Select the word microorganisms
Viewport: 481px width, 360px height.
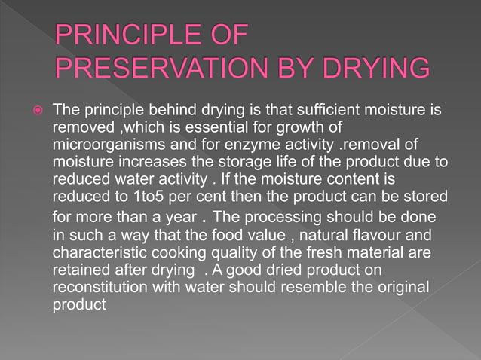(101, 145)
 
